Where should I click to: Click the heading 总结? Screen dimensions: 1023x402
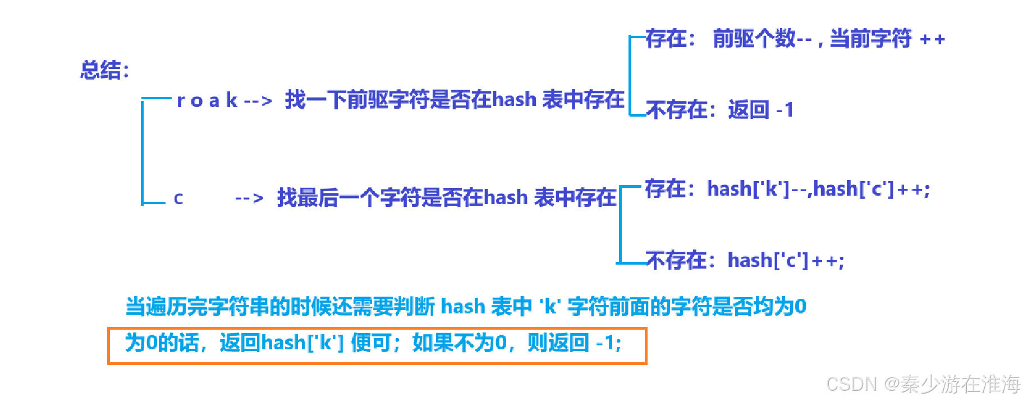[x=104, y=71]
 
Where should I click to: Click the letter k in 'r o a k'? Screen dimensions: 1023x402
[x=231, y=100]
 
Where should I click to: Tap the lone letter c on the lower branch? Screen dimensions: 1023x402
[x=178, y=198]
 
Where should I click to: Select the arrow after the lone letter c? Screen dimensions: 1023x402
[x=249, y=198]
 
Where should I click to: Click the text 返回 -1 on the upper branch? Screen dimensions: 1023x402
[x=761, y=110]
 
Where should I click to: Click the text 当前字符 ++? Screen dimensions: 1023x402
[x=887, y=39]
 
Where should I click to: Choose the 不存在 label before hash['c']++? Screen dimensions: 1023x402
[x=677, y=260]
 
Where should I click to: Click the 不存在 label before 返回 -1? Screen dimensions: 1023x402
[x=677, y=110]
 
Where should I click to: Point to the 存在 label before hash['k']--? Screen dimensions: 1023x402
[x=666, y=189]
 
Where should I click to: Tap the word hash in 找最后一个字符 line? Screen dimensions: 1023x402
[x=506, y=197]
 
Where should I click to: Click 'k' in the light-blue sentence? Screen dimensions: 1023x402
[x=550, y=307]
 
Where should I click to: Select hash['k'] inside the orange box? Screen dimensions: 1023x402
[x=302, y=343]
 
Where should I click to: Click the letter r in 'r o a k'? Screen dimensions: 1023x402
[x=181, y=101]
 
